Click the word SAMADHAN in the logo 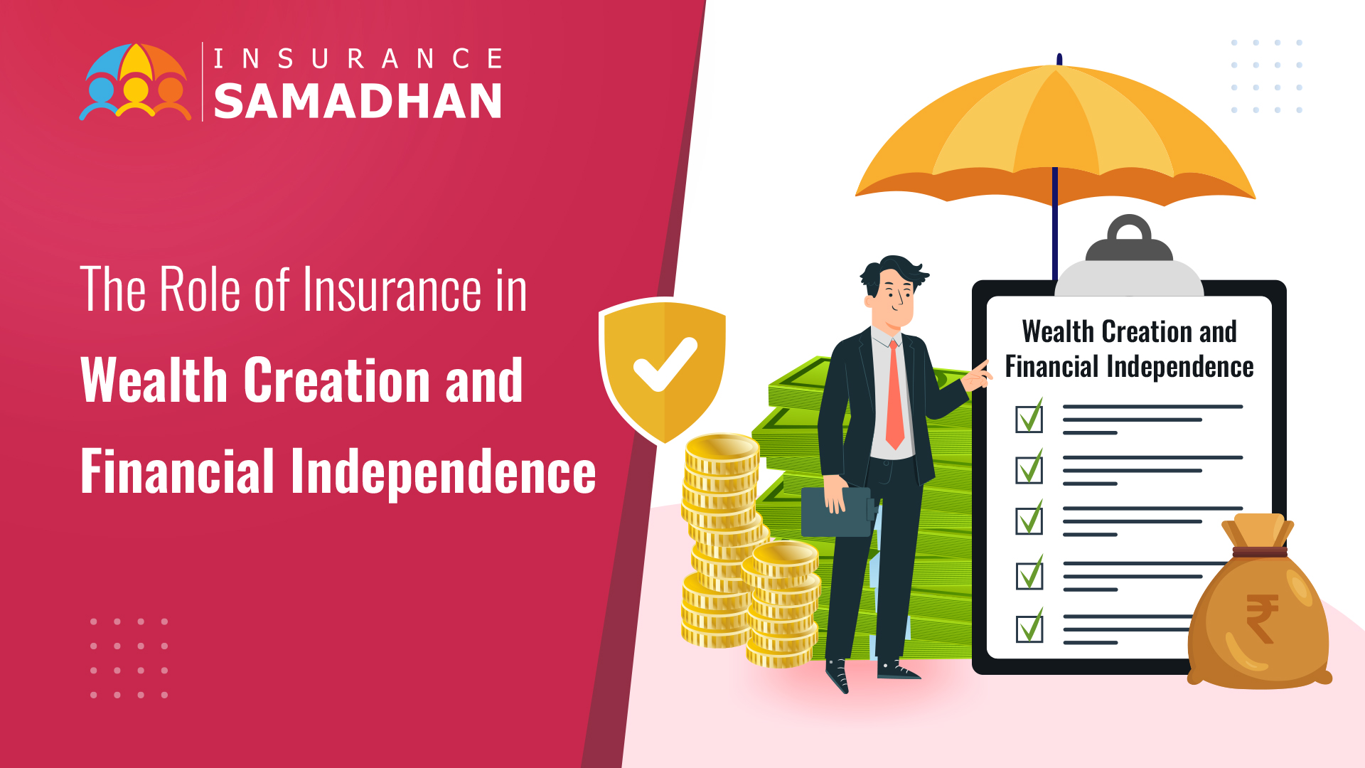coord(358,100)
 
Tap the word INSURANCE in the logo coord(358,58)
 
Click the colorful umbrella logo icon coord(135,82)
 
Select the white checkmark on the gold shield coord(665,364)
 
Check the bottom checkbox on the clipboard coord(1029,626)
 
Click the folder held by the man coord(837,511)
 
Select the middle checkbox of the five coord(1029,520)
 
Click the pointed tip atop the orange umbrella coord(1059,58)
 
